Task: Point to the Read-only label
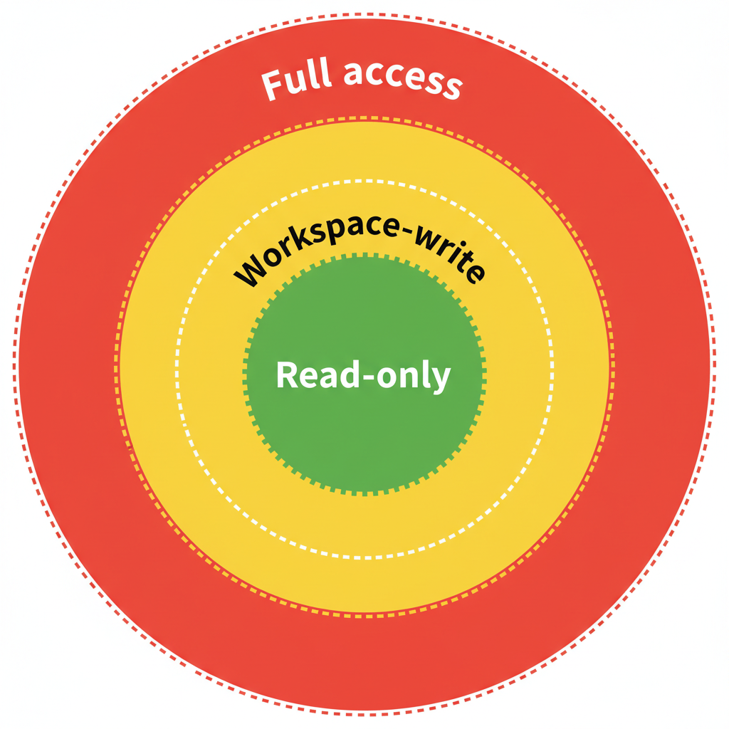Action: (x=363, y=375)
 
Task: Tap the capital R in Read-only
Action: (x=286, y=375)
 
